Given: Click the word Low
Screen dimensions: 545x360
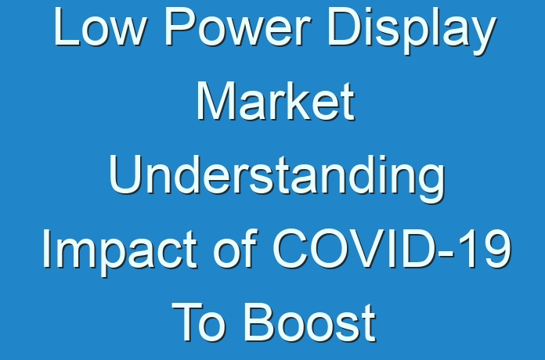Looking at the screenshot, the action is coord(99,27).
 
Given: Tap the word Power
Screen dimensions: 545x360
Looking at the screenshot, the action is coord(237,27).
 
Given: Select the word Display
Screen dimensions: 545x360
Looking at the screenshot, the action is coord(412,31).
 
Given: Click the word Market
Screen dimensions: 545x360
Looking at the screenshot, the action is coord(276,102).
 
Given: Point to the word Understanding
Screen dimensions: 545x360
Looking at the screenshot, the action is coord(277,179).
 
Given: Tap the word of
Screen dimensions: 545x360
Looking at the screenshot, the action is coord(236,248).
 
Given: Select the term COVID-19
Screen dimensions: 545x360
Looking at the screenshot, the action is coord(392,248).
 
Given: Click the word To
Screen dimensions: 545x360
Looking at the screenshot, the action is coord(197,322).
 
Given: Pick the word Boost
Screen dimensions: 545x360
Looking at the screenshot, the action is coord(309,322).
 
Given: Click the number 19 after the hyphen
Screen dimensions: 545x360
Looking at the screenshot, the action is coord(485,249).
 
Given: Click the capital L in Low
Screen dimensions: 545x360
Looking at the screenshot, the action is coord(67,27).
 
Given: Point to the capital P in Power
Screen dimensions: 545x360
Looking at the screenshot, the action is coord(179,27).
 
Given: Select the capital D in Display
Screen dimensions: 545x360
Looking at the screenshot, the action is coord(345,27).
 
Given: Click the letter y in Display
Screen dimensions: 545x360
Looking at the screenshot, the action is coord(482,37).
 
